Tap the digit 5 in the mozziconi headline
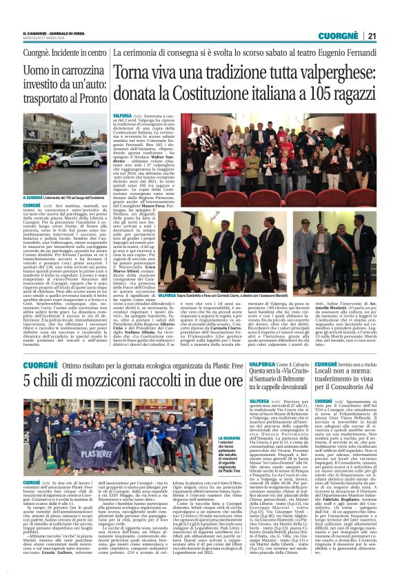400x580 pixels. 28,378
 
